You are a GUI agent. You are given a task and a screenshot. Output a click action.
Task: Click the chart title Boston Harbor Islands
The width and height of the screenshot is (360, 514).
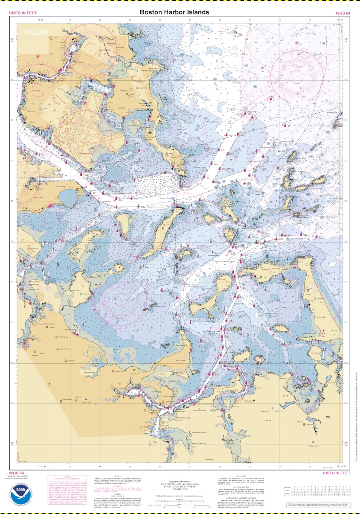[x=174, y=12]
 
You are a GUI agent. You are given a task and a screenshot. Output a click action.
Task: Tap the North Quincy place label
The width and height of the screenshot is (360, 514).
[x=64, y=337]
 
